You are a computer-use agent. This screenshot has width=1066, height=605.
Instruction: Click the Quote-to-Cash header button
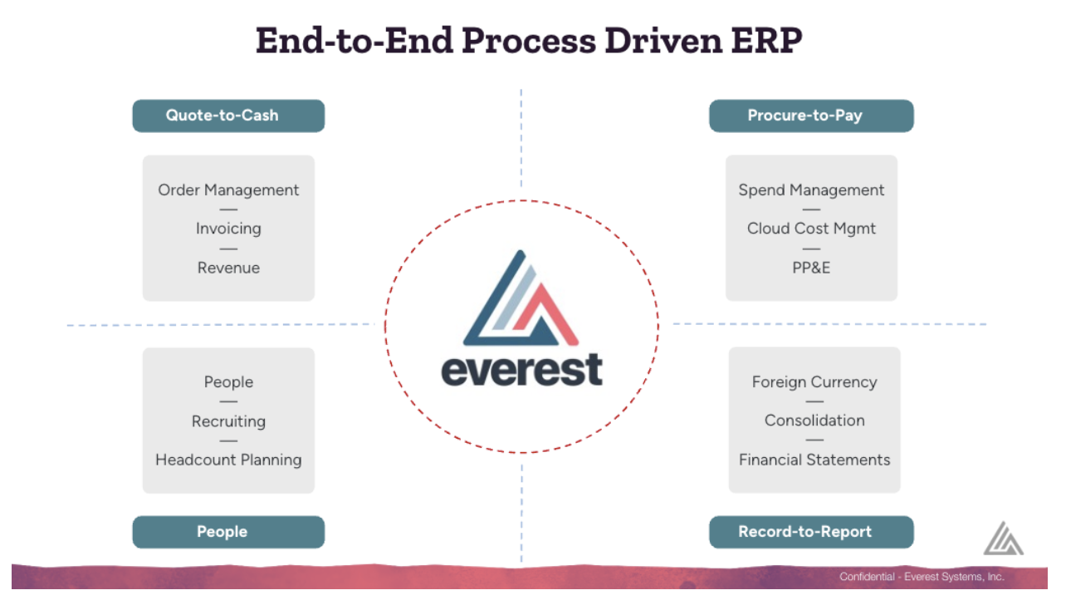point(228,116)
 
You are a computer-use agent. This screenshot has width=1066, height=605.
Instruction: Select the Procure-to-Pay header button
point(811,116)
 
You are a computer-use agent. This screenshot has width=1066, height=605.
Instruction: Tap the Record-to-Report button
point(811,532)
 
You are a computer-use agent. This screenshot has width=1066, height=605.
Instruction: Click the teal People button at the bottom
point(228,532)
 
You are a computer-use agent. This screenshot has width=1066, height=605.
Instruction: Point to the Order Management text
point(228,190)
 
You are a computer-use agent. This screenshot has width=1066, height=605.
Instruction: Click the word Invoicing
point(228,229)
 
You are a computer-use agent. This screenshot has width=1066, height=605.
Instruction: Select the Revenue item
point(228,268)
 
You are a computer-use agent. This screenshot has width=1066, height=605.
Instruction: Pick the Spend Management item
point(811,190)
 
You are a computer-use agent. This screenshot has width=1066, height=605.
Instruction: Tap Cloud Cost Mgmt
point(811,229)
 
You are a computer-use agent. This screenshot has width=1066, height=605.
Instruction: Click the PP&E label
point(811,268)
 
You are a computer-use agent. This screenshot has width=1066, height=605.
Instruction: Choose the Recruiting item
point(228,421)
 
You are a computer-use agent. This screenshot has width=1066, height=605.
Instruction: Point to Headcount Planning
point(228,460)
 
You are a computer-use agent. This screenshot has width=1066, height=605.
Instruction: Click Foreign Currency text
point(814,382)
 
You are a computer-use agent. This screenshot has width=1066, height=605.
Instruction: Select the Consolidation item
point(814,421)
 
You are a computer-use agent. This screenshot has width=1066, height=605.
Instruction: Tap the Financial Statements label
point(814,460)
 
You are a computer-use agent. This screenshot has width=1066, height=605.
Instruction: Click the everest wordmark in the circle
point(522,370)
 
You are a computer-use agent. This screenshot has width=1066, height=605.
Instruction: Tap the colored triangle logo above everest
point(521,298)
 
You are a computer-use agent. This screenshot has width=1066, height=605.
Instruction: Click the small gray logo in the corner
point(1003,539)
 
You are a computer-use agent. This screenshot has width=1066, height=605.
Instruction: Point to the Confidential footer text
point(922,577)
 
